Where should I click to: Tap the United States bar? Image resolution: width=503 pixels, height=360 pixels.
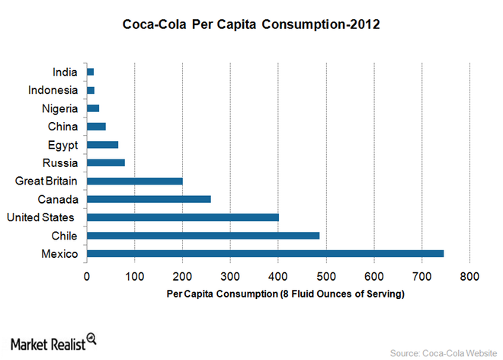(x=183, y=217)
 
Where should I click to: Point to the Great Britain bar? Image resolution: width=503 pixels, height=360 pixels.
(x=135, y=181)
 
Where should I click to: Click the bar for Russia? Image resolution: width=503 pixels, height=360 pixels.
(x=106, y=162)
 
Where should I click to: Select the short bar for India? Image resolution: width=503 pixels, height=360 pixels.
(x=91, y=72)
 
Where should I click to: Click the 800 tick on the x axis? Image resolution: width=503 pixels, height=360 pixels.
(x=469, y=276)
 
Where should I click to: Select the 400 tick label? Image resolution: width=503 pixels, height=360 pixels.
(x=278, y=276)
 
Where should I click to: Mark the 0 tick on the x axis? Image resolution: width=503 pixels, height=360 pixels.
(x=87, y=276)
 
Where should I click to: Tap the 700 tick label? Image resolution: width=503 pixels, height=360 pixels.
(x=421, y=276)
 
